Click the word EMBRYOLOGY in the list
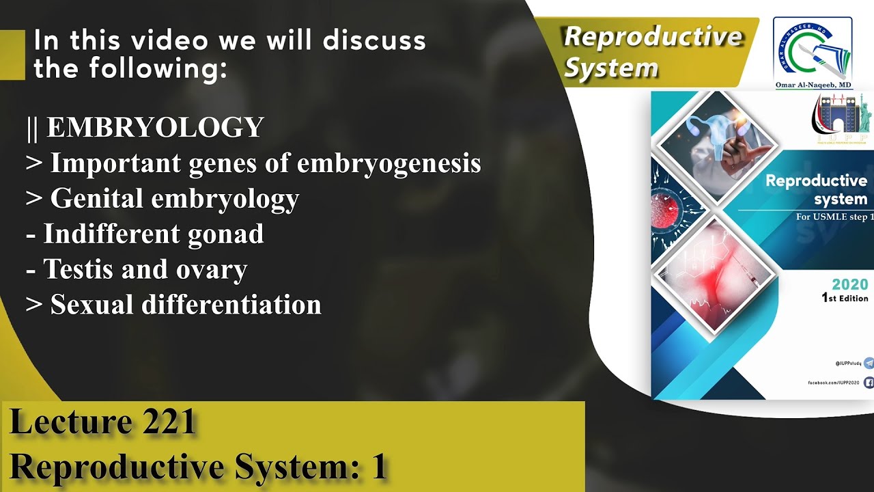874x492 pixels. [155, 128]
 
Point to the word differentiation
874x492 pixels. [231, 305]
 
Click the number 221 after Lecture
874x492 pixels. [170, 422]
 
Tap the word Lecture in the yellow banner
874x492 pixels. [71, 422]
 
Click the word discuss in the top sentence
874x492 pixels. [374, 41]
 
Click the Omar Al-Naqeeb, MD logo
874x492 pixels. [812, 52]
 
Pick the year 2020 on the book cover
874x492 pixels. [849, 285]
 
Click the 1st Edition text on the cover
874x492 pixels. [845, 299]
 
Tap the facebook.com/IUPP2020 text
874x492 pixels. [833, 383]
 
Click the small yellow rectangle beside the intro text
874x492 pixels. [12, 55]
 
